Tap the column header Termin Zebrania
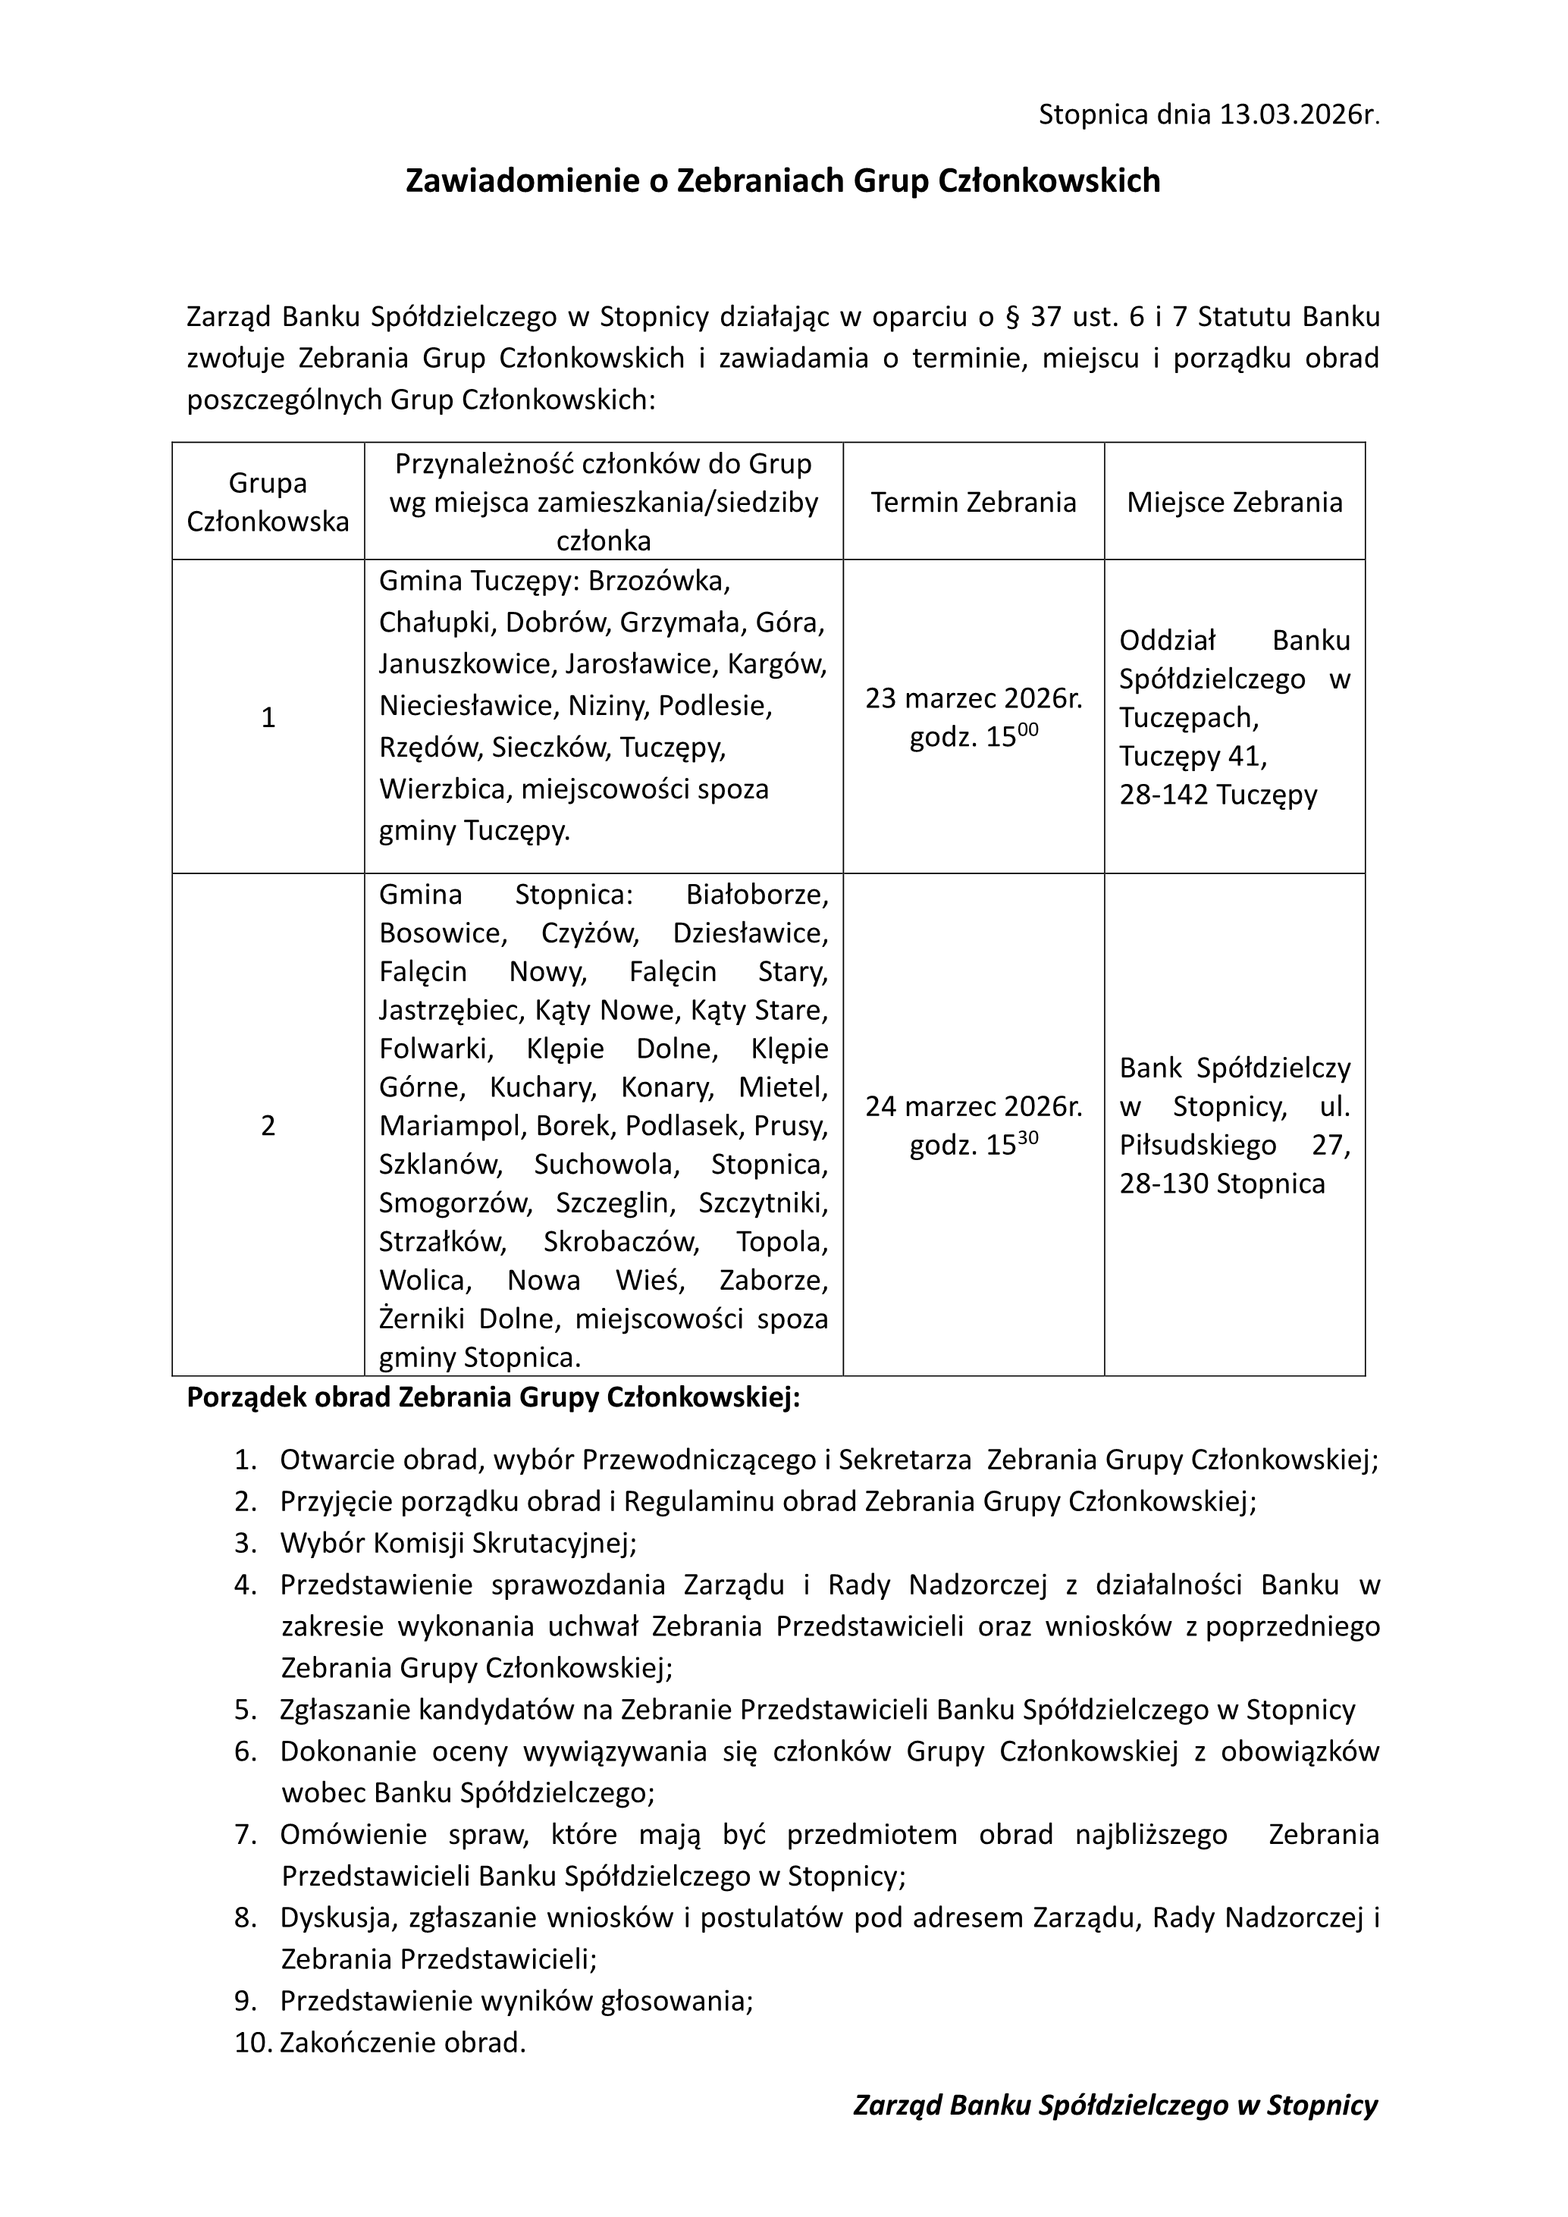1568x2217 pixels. pos(974,502)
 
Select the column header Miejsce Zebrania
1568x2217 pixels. pos(1234,502)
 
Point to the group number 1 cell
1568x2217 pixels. pos(268,717)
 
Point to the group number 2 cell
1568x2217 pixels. pos(268,1126)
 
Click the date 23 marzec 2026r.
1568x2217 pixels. pos(974,698)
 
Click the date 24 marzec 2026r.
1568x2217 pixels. pos(974,1106)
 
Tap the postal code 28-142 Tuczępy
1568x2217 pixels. pos(1218,795)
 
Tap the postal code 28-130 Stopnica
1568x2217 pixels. pos(1222,1184)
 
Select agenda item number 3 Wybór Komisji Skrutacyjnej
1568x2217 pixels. pos(459,1543)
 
